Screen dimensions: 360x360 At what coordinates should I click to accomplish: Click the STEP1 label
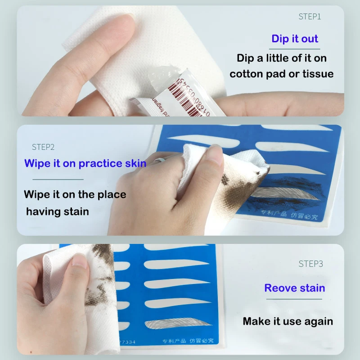(310, 17)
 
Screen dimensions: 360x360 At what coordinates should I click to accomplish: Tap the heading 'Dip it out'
(295, 39)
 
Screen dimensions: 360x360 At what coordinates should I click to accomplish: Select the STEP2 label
(43, 147)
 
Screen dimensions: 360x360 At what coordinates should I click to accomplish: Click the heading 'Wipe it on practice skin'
(85, 163)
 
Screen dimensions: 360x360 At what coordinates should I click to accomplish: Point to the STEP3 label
(310, 264)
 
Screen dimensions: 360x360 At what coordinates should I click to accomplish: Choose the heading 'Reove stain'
(295, 288)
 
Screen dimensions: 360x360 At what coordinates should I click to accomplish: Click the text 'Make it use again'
(288, 321)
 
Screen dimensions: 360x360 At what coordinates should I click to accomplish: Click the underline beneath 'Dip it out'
(295, 49)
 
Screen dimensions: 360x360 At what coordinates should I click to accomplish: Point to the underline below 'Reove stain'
(295, 299)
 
